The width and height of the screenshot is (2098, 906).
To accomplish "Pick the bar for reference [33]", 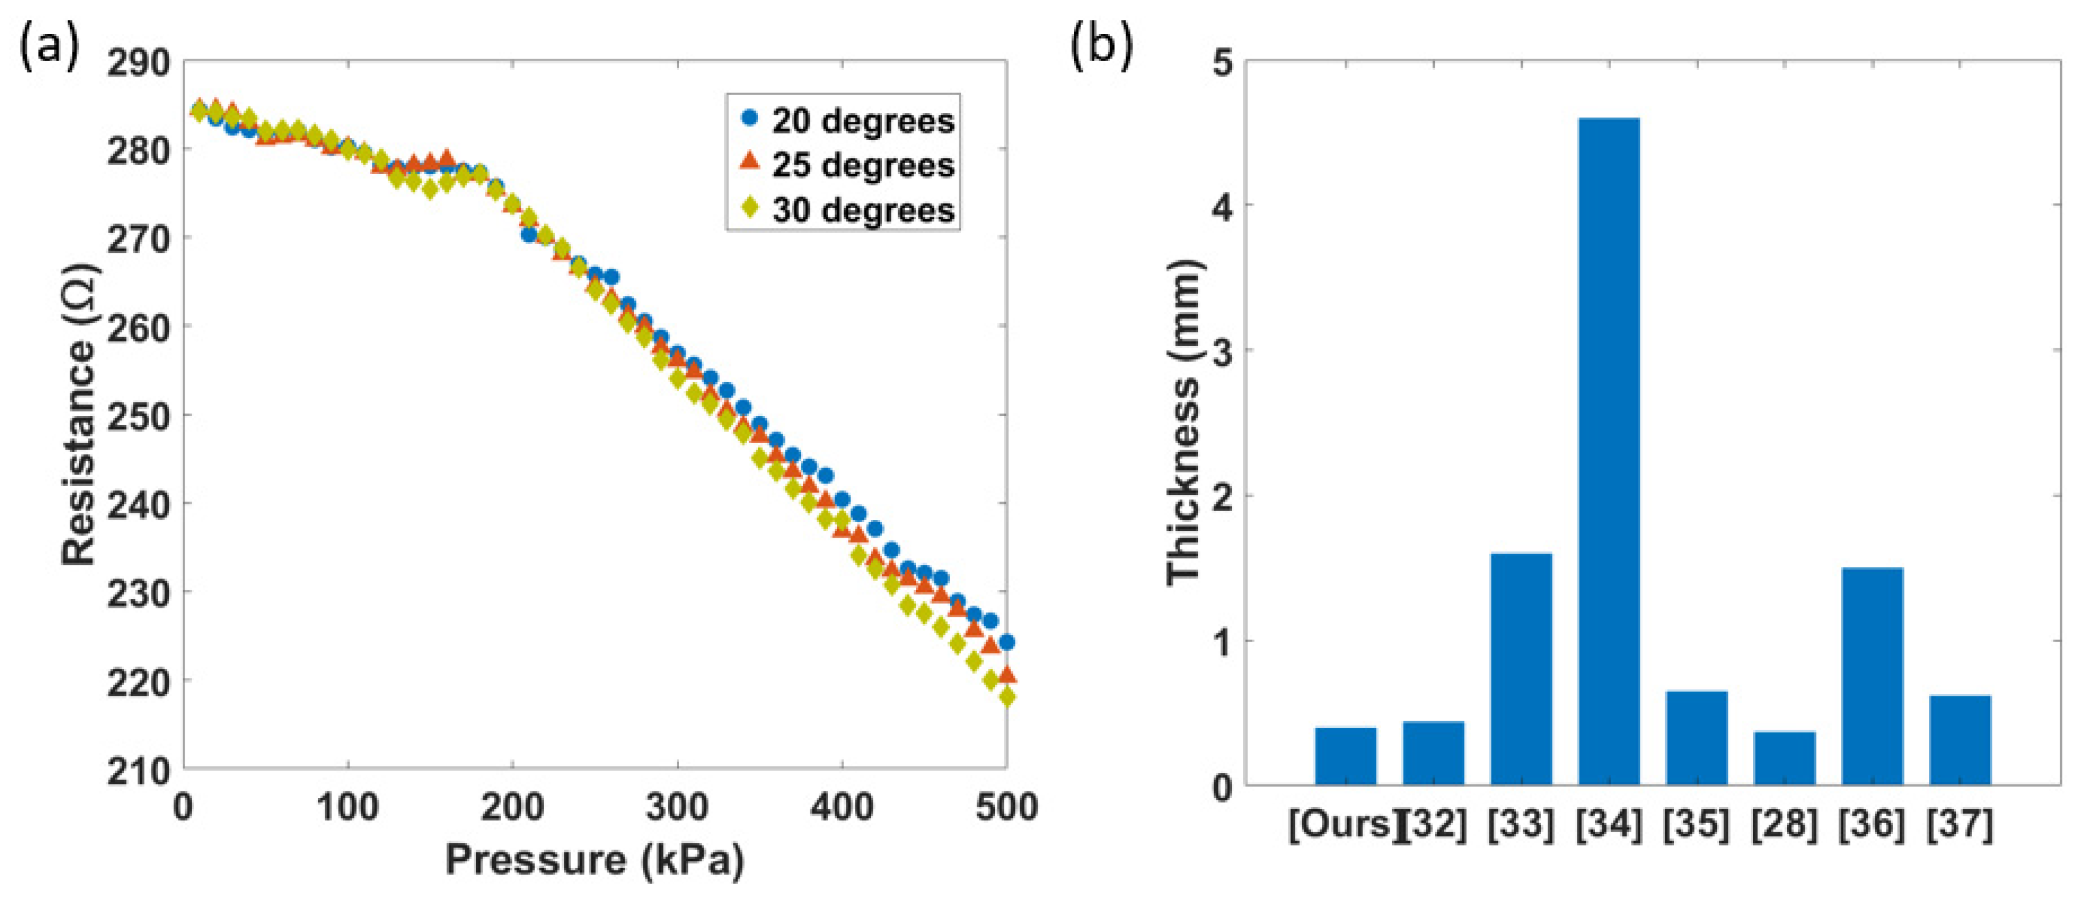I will point(1520,668).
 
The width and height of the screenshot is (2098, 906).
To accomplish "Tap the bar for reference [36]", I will point(1872,675).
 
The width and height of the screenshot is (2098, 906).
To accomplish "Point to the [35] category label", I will point(1695,825).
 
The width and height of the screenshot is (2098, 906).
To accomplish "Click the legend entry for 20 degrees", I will point(847,121).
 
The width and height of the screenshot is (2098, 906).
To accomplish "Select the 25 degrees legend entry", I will point(847,165).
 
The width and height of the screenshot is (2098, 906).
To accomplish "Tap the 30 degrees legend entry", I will point(847,210).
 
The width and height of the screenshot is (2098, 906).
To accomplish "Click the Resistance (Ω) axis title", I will point(79,414).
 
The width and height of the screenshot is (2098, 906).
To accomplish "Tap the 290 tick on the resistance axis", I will point(138,63).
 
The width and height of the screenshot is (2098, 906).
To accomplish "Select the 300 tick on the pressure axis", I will point(677,807).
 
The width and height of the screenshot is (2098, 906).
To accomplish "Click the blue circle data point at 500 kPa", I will point(1007,642).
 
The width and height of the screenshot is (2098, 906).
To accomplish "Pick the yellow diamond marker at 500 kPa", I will point(1007,697).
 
